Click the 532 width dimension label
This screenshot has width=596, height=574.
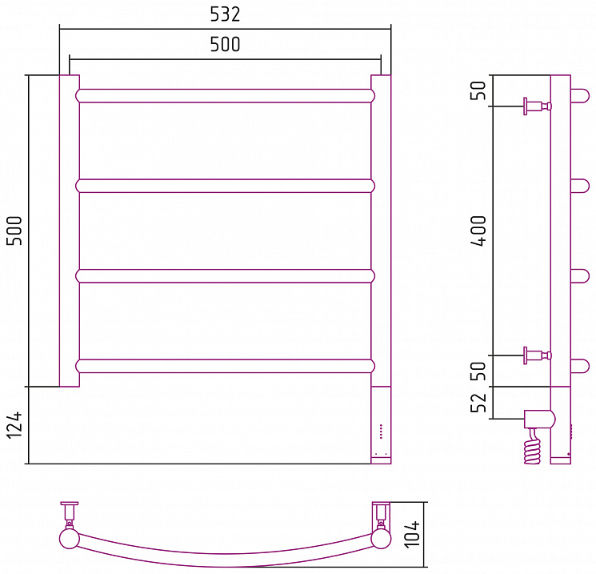coord(225,14)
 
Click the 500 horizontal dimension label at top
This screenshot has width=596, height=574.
coord(225,45)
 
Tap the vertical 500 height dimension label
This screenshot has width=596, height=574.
coord(15,231)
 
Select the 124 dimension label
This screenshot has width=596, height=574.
coord(15,425)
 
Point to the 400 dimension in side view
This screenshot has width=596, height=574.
coord(478,231)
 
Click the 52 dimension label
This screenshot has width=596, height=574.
coord(478,402)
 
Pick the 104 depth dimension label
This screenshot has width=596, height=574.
coord(412,535)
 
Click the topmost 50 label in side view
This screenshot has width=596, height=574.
coord(478,90)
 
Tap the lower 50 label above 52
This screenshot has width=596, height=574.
coord(478,371)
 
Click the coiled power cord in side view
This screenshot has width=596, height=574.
coord(532,448)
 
